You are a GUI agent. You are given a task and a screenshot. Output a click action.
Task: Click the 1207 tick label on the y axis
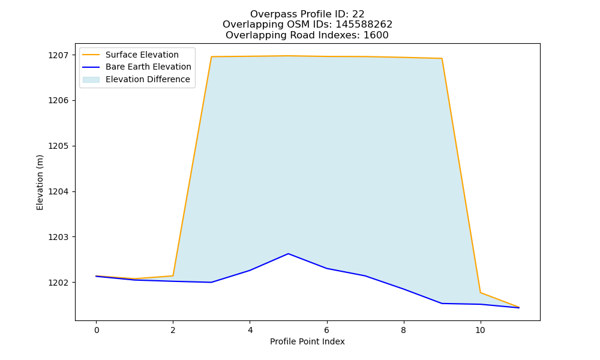coord(58,55)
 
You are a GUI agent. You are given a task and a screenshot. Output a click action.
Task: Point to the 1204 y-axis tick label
coord(58,191)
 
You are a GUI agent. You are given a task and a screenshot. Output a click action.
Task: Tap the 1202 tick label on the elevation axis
coord(58,283)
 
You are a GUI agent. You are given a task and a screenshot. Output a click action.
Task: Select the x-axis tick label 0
coord(97,330)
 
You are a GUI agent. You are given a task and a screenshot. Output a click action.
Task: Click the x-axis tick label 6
coord(327,330)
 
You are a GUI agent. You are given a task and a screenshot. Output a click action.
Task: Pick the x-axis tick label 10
coord(480,330)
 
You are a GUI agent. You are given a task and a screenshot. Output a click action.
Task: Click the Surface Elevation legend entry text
coord(142,55)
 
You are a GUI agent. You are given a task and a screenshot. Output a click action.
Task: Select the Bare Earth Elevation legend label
coord(148,67)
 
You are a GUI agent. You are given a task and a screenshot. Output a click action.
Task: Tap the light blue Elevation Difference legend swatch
coord(91,80)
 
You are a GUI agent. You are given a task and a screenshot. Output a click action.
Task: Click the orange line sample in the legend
coord(91,55)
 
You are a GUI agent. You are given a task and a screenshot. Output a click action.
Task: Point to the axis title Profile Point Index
coord(307,341)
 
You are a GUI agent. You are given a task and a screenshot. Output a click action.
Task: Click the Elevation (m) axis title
coord(40,182)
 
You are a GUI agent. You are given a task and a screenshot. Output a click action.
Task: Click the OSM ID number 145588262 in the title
coord(364,25)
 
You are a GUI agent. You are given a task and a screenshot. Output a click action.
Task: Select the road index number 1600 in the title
coord(376,35)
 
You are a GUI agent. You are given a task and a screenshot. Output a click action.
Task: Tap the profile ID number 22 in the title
coord(358,14)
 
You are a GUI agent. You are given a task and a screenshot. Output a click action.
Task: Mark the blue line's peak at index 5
coord(288,254)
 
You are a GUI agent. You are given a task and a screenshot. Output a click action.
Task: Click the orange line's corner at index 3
coord(211,56)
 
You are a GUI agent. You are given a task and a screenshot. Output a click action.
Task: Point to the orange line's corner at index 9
coord(442,59)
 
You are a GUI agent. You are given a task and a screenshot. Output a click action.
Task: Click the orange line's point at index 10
coord(480,293)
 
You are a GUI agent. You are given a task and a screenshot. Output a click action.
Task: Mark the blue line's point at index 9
coord(442,304)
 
